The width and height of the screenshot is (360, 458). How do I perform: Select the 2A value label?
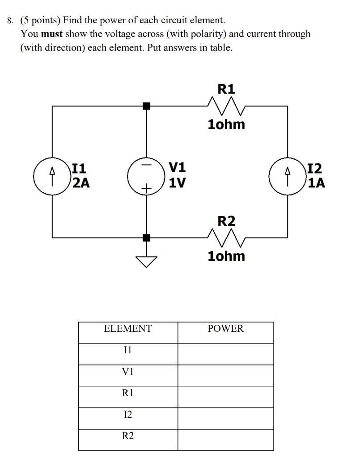[81, 182]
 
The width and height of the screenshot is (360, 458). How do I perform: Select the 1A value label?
[316, 182]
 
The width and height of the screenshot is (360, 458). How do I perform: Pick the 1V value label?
[178, 182]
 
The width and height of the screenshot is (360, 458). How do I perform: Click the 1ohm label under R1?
[226, 124]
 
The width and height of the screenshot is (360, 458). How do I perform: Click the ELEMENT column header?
[128, 329]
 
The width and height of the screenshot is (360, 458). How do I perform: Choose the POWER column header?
[226, 329]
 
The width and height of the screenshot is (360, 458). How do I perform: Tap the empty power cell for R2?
[226, 439]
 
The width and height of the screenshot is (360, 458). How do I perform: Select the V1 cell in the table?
[128, 371]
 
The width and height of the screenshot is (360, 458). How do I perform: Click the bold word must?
[52, 34]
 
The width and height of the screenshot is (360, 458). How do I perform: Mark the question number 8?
[10, 21]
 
